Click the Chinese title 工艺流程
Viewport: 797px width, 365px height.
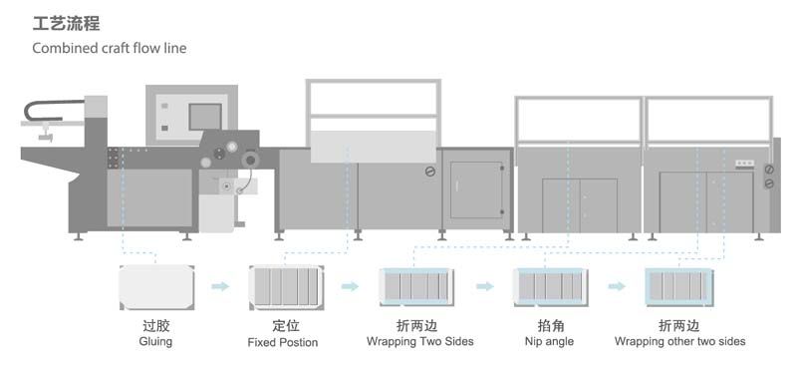[66, 23]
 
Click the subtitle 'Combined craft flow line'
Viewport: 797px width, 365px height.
[109, 48]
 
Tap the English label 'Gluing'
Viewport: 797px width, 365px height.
[155, 341]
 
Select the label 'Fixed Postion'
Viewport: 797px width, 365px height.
[283, 342]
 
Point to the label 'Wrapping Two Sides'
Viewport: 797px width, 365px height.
[420, 341]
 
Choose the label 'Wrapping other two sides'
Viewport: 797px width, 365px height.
[679, 341]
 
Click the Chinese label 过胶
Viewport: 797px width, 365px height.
[155, 325]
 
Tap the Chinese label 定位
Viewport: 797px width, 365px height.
[283, 325]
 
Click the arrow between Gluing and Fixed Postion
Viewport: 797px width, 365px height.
[220, 287]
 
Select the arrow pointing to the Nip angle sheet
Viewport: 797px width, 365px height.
[484, 287]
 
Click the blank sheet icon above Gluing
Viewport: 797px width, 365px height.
[155, 287]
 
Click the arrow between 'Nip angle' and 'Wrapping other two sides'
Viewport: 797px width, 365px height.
[617, 287]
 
